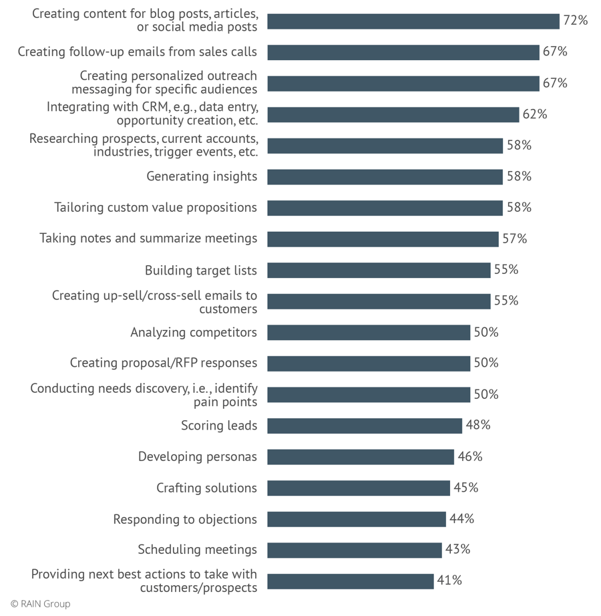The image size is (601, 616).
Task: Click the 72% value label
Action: click(x=575, y=21)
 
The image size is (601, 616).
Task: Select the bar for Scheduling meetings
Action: click(x=355, y=550)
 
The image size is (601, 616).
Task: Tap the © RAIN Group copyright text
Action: click(x=40, y=604)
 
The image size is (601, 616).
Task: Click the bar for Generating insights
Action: click(x=385, y=176)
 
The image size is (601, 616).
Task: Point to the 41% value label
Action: click(x=449, y=581)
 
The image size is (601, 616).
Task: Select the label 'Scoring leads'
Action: click(x=219, y=426)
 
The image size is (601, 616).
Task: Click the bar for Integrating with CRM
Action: click(x=393, y=114)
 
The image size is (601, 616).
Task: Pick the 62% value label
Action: click(x=535, y=114)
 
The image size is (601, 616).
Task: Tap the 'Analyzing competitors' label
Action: click(x=194, y=332)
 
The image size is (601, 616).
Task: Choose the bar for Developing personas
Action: click(x=361, y=457)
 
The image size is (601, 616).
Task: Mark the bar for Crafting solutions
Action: click(x=359, y=488)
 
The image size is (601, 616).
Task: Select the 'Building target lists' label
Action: click(x=201, y=270)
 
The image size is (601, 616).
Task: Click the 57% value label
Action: click(x=514, y=239)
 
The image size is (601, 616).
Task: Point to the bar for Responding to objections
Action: click(x=357, y=519)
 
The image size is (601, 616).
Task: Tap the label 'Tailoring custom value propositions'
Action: click(x=156, y=208)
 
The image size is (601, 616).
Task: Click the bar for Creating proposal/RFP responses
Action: click(x=369, y=363)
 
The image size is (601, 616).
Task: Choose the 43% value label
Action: click(x=457, y=549)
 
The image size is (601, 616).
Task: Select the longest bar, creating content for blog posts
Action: click(x=413, y=21)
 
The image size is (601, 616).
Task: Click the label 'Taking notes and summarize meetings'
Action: click(x=148, y=239)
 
